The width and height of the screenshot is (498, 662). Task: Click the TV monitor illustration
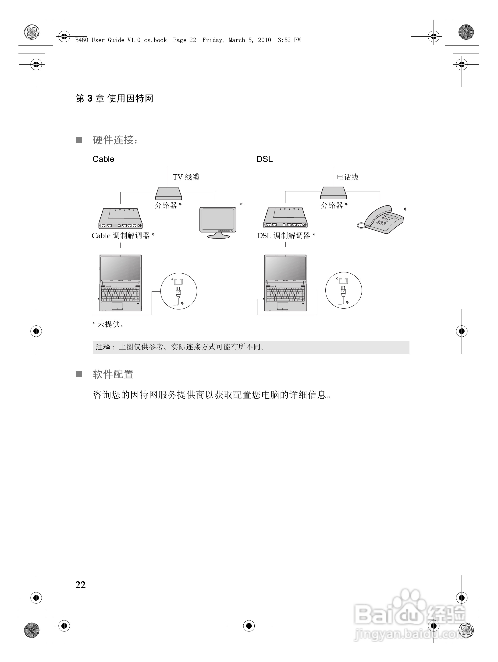pos(218,222)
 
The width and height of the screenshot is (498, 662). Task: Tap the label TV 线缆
pos(186,177)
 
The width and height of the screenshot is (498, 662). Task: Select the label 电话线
pos(347,177)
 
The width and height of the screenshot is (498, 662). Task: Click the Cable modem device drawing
pos(120,218)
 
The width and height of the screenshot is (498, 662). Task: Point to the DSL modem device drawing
pos(285,218)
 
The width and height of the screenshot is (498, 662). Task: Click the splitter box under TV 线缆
pos(168,194)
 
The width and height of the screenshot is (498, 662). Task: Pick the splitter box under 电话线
pos(333,193)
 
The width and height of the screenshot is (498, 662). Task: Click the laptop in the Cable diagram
pos(120,283)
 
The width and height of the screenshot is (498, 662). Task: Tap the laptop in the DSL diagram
pos(285,283)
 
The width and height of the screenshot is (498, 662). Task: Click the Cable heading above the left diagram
pos(103,159)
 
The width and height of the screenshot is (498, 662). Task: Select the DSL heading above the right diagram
pos(264,159)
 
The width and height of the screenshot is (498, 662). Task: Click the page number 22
pos(81,585)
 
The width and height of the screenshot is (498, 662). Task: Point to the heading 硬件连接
pos(115,140)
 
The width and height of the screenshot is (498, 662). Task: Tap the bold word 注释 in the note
pos(103,347)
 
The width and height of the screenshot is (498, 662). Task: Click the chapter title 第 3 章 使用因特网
pos(114,99)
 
